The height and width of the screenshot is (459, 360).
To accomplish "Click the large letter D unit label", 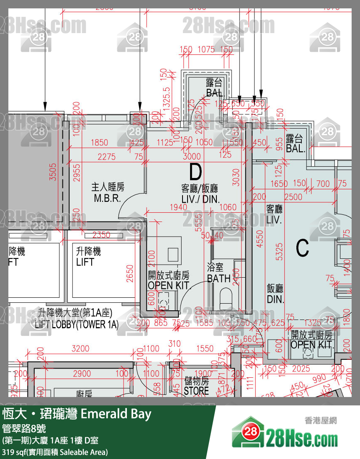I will (195, 171).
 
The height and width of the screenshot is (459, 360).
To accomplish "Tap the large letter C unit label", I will (302, 248).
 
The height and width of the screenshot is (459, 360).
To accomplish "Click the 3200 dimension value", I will (80, 348).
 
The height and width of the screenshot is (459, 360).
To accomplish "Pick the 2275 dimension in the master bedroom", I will (107, 157).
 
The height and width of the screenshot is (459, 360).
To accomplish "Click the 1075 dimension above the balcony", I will (206, 49).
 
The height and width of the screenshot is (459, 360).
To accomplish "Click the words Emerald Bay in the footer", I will (116, 414).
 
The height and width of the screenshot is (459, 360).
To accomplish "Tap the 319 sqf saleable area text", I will (55, 452).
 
